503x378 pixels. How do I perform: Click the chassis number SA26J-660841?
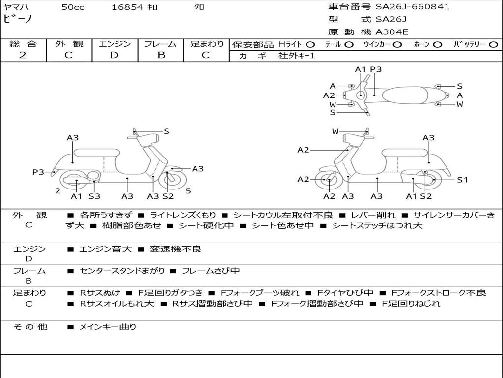click(413, 7)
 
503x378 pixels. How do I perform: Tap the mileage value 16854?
click(127, 7)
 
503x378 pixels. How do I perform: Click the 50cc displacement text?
click(73, 7)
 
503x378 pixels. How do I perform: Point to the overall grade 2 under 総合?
click(23, 55)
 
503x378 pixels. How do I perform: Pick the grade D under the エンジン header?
click(114, 55)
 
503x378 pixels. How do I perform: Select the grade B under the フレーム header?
click(161, 55)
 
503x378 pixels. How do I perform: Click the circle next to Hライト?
click(310, 44)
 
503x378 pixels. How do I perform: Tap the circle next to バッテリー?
click(493, 44)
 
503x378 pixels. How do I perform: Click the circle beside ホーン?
click(438, 44)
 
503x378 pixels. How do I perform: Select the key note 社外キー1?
click(297, 56)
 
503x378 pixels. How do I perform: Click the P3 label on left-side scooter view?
click(38, 172)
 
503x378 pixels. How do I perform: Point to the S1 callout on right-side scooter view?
click(462, 180)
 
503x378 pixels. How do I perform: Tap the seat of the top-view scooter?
click(405, 95)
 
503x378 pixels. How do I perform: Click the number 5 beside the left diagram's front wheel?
click(188, 191)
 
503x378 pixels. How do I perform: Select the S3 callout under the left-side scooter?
click(94, 196)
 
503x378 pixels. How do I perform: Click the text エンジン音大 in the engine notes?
click(105, 249)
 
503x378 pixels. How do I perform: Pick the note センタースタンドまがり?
click(122, 271)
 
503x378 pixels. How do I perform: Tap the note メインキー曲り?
click(108, 327)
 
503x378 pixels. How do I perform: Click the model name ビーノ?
click(18, 18)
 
